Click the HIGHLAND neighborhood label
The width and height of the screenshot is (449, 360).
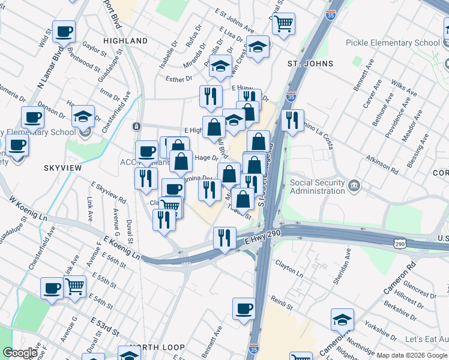pyautogui.click(x=125, y=41)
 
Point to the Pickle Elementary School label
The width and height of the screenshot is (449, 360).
pyautogui.click(x=393, y=43)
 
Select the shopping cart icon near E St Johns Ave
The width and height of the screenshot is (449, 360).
pyautogui.click(x=283, y=24)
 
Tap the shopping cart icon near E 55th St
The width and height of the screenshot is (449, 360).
pyautogui.click(x=74, y=286)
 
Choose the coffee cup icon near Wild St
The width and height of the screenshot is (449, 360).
pyautogui.click(x=64, y=31)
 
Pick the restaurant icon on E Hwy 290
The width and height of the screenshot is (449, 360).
pyautogui.click(x=224, y=238)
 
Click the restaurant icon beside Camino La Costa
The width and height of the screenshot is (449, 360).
pyautogui.click(x=292, y=120)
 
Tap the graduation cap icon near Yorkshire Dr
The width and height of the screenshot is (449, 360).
pyautogui.click(x=342, y=319)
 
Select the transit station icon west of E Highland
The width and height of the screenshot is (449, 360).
pyautogui.click(x=137, y=127)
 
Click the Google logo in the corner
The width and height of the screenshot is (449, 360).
pyautogui.click(x=19, y=353)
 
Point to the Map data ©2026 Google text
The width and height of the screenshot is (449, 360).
pyautogui.click(x=412, y=355)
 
